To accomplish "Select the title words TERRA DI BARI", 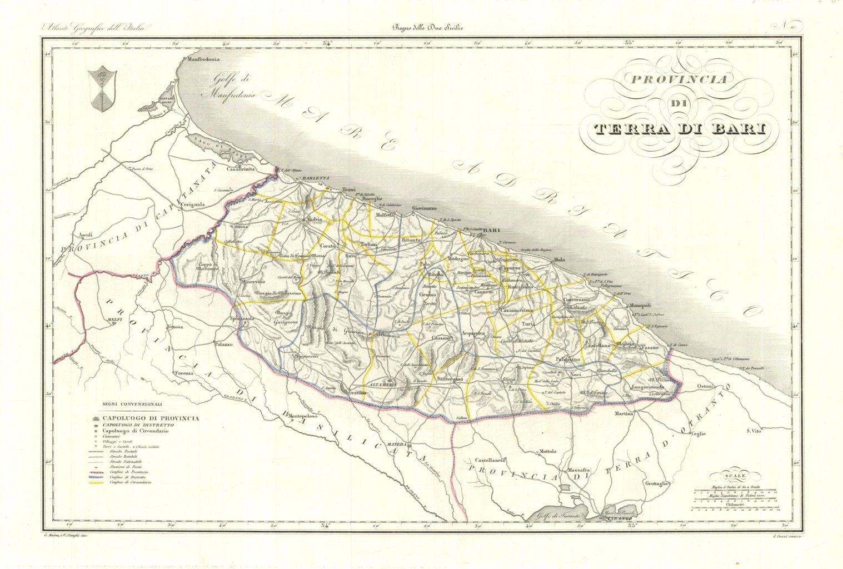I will coord(679,129).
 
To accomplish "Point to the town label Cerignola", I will coord(191,204).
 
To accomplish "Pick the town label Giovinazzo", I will coord(424,208).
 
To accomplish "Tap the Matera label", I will coord(402,445).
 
